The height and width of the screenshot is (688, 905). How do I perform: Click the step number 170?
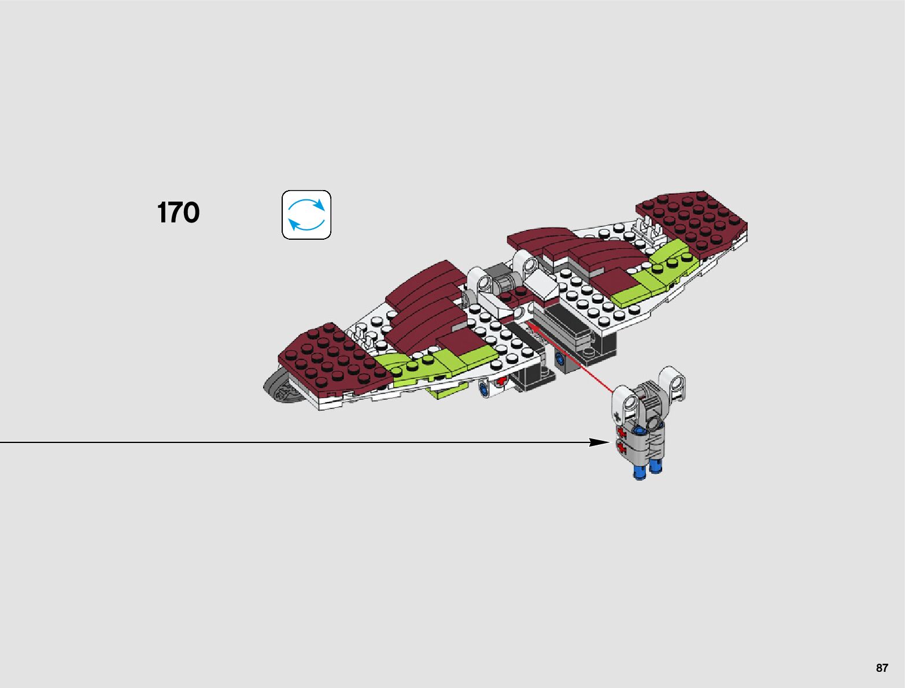tap(178, 213)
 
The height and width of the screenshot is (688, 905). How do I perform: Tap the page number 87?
tap(882, 668)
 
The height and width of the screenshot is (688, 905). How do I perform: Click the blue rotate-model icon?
tap(306, 215)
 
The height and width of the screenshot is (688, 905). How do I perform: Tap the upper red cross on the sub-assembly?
tap(622, 433)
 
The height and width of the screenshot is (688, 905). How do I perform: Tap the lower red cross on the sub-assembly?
tap(622, 448)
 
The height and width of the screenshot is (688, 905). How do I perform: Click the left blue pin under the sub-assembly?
tap(639, 471)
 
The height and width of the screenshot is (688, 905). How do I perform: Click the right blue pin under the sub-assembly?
tap(656, 467)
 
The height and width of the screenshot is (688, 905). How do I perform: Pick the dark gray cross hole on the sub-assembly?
tap(618, 416)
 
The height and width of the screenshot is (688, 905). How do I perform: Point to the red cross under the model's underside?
tap(501, 381)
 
